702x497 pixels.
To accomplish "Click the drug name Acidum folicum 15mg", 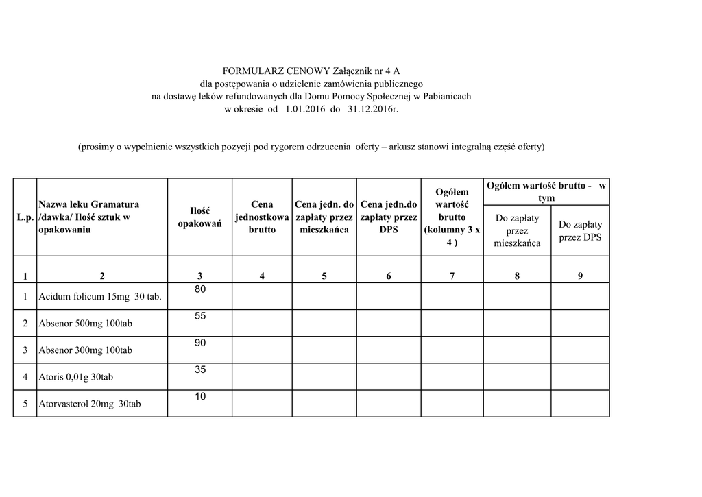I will pos(100,297).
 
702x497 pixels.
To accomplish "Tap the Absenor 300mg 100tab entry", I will pos(86,350).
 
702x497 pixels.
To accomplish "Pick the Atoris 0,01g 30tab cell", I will pos(76,377).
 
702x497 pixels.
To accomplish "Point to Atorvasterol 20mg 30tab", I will pos(90,404).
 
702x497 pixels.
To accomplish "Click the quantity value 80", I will pos(200,290).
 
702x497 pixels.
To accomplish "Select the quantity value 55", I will pos(200,317).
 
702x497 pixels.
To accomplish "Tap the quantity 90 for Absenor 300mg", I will pos(200,343).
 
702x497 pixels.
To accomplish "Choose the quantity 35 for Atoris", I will pos(200,369).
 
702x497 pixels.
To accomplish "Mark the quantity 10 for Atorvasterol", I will pos(200,396).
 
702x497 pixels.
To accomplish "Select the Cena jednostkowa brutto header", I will pos(262,217).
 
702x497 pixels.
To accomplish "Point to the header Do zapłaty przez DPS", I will pos(580,230).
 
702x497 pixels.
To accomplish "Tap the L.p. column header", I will pos(25,217).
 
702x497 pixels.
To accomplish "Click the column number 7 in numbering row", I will pos(452,276).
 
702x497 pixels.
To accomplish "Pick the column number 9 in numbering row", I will pos(580,276).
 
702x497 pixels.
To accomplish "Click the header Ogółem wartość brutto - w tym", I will pos(546,192).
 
